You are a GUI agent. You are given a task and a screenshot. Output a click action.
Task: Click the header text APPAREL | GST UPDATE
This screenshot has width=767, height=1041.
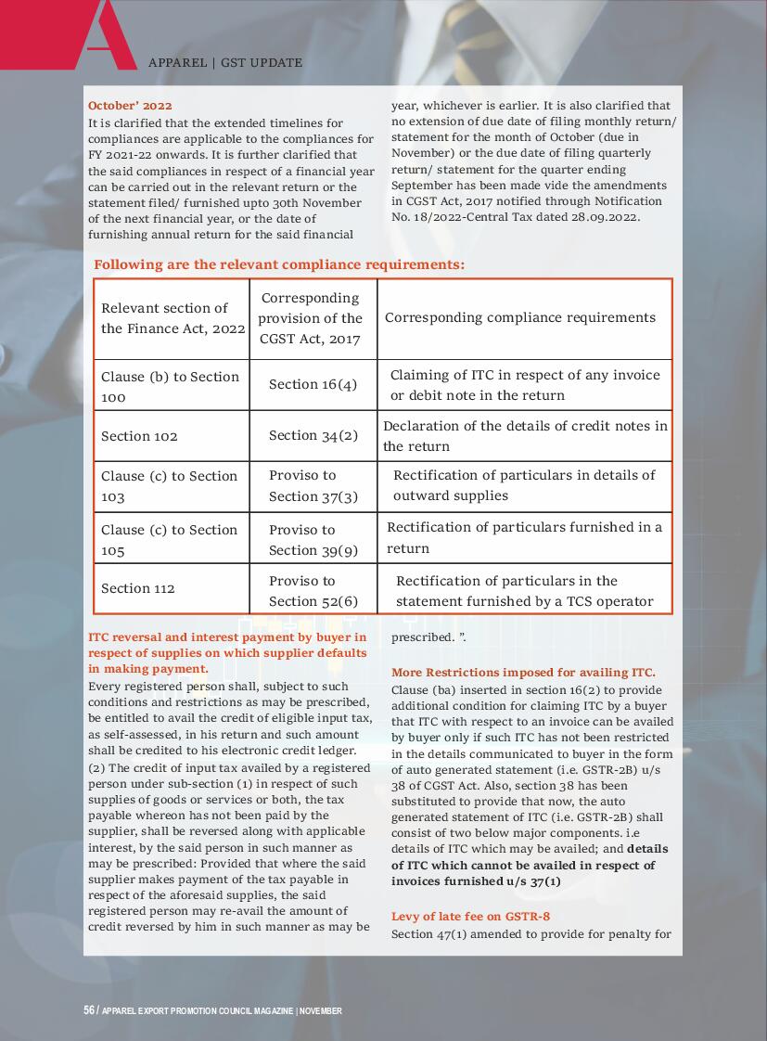[225, 63]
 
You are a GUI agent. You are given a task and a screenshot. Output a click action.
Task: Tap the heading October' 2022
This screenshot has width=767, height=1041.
[130, 106]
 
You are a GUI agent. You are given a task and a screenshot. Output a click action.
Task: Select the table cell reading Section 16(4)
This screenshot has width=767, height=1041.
[313, 385]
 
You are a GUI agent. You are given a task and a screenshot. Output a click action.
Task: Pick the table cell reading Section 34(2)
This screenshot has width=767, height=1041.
[313, 436]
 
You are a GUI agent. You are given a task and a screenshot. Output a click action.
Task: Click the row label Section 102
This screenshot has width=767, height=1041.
[139, 436]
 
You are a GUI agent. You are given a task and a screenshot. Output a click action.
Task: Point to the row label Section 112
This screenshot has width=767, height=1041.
[138, 588]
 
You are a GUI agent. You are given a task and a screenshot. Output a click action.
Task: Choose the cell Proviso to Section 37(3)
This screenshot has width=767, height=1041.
[313, 486]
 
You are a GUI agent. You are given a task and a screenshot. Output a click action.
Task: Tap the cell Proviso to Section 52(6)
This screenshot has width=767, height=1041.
[313, 591]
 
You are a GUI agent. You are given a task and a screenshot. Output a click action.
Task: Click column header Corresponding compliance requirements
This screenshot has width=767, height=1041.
[520, 317]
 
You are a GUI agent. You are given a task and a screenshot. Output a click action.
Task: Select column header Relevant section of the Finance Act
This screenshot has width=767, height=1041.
[173, 318]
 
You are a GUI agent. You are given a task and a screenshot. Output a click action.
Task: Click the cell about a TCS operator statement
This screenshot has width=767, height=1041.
[524, 591]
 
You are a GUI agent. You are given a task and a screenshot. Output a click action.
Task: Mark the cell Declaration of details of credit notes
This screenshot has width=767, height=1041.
[525, 436]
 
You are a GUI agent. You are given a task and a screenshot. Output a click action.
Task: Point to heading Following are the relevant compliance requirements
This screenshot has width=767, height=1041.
[279, 265]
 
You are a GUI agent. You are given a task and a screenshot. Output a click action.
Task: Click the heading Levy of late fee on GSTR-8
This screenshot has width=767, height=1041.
[470, 917]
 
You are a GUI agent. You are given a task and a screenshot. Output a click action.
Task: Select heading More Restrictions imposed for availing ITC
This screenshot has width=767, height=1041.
[523, 673]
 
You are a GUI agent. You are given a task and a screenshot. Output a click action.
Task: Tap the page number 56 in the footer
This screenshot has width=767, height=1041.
[89, 1010]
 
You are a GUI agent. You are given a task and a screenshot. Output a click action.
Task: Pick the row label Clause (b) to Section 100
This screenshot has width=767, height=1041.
[170, 387]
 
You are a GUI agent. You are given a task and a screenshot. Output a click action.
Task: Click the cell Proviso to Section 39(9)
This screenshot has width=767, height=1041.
[313, 540]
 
